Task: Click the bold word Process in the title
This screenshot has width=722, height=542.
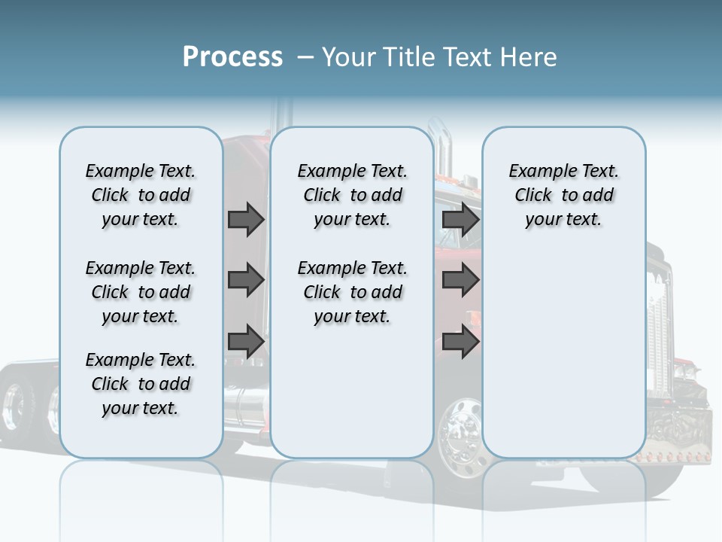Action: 232,57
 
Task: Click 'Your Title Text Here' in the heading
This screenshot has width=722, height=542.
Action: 439,57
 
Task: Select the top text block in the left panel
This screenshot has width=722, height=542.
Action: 141,195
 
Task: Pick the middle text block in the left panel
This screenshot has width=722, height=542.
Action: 141,292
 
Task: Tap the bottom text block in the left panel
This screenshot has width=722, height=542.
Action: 141,384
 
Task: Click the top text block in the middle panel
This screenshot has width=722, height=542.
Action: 352,195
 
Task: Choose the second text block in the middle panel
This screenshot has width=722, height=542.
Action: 352,292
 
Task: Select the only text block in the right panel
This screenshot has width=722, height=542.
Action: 563,195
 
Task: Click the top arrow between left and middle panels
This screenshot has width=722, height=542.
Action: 246,220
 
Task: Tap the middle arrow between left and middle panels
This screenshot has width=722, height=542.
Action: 246,281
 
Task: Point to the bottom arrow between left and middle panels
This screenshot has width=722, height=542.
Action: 246,341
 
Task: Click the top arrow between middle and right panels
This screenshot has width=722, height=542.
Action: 460,220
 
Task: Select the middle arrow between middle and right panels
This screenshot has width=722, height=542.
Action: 460,281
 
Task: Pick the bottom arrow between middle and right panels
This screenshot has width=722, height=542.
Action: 460,341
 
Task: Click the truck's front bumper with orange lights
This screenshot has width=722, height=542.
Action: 673,454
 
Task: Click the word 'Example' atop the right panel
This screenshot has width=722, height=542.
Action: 536,171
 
